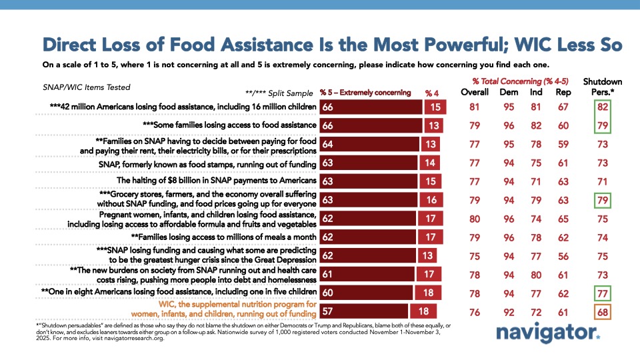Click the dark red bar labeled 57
click(x=364, y=311)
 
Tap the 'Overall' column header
click(x=474, y=92)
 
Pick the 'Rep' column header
click(x=563, y=92)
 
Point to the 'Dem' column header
click(x=508, y=92)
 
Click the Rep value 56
click(x=563, y=255)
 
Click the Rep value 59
click(x=563, y=143)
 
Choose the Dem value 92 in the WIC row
click(x=508, y=311)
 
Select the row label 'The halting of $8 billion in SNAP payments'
click(x=216, y=181)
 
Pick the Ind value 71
click(x=535, y=181)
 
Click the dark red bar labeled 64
click(x=369, y=143)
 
